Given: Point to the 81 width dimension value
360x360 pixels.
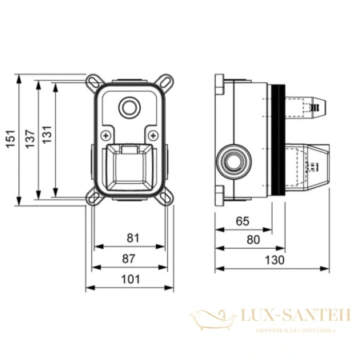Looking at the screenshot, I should click(133, 238).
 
